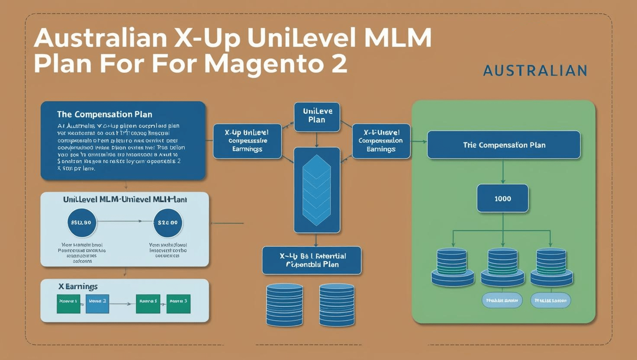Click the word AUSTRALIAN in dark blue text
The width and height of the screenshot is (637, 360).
[x=535, y=71]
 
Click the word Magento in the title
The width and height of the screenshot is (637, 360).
[x=260, y=63]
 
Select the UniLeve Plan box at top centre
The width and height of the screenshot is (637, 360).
[x=317, y=116]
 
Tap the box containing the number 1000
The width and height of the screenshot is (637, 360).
[x=502, y=199]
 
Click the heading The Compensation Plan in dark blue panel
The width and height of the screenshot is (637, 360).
[x=104, y=115]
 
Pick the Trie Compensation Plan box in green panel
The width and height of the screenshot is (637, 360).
[x=504, y=145]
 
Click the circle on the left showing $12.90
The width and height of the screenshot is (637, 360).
[x=82, y=222]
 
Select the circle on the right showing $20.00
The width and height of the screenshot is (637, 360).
[x=167, y=222]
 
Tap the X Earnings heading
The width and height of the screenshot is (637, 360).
[x=78, y=286]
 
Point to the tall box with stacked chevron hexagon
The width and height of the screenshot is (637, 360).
[x=317, y=190]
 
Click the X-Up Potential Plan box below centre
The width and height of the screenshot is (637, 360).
[x=312, y=260]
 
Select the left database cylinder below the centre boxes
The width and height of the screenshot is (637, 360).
[x=284, y=305]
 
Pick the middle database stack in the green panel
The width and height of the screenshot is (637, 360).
[x=502, y=267]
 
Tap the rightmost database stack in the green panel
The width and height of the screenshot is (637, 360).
[x=551, y=267]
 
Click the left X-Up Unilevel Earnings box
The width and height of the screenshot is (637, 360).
[x=247, y=141]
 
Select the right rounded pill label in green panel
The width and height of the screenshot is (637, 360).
[x=550, y=300]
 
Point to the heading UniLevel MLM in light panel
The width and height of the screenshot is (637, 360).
[x=125, y=199]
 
